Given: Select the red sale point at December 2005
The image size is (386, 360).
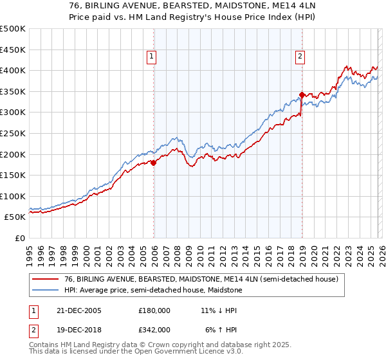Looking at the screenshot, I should pyautogui.click(x=154, y=163).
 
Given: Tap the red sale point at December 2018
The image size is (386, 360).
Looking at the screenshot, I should pyautogui.click(x=301, y=94).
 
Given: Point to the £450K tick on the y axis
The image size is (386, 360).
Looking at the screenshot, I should pyautogui.click(x=13, y=50).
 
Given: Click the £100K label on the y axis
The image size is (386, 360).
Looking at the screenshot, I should pyautogui.click(x=13, y=196).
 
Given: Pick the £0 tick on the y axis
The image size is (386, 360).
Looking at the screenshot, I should pyautogui.click(x=19, y=239).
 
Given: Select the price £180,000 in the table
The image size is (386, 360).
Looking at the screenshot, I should pyautogui.click(x=154, y=310).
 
